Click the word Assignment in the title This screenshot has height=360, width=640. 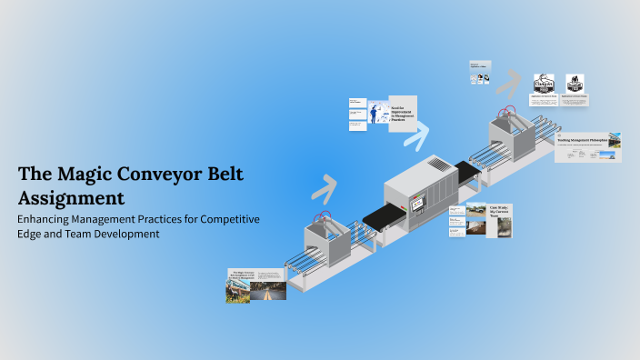click(x=71, y=197)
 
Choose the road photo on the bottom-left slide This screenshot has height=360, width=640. click(x=269, y=290)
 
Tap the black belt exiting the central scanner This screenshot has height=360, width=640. click(x=467, y=170)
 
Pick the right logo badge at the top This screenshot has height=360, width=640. click(x=575, y=83)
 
